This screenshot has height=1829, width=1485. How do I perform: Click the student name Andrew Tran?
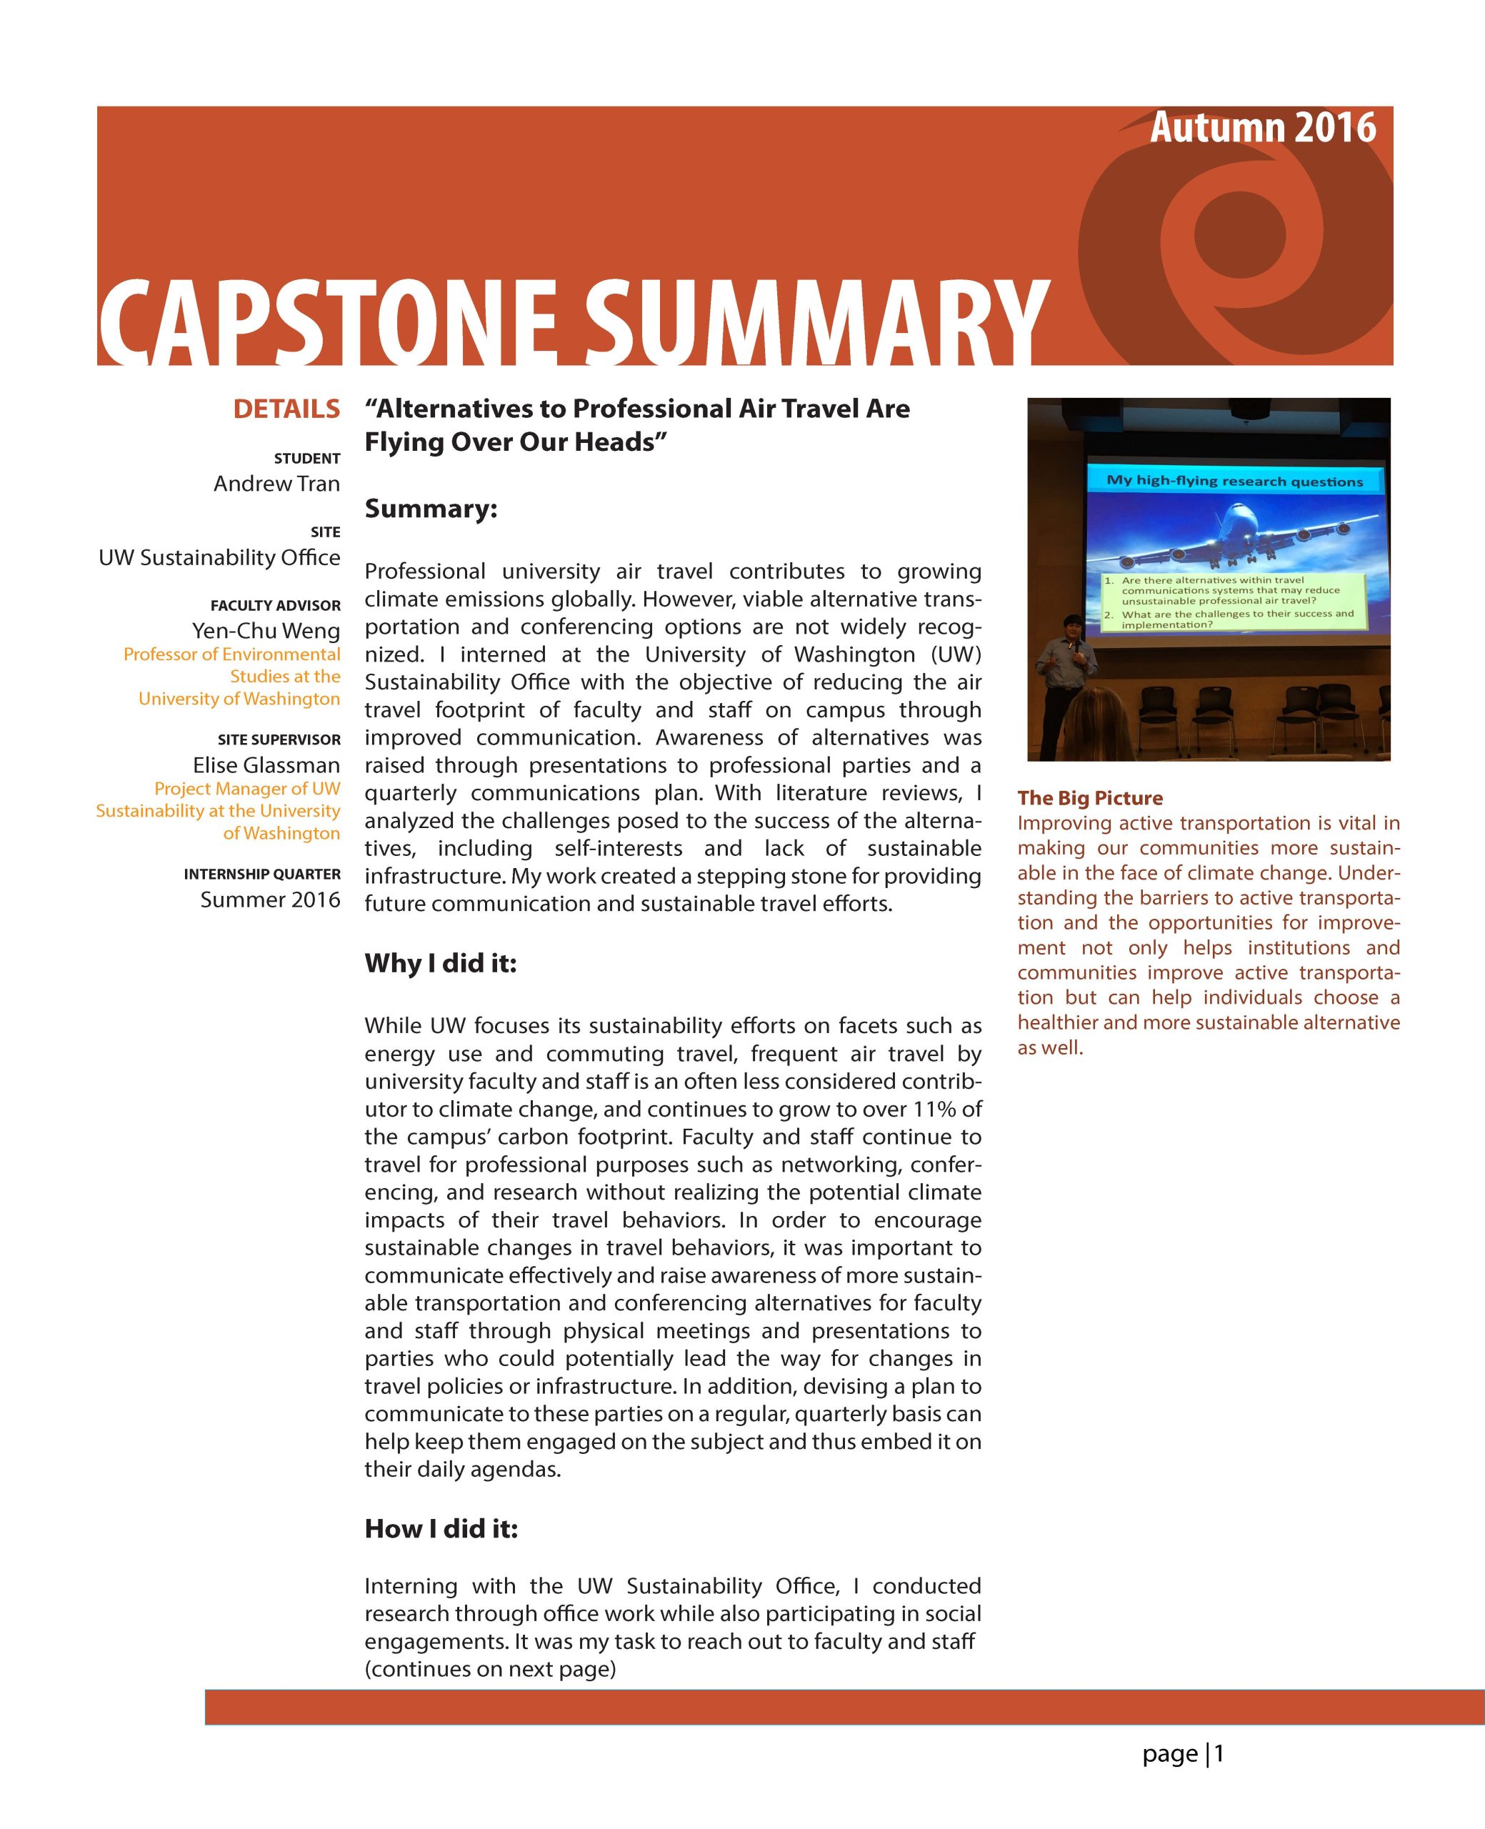(276, 484)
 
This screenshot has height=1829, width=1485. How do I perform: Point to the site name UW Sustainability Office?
(219, 558)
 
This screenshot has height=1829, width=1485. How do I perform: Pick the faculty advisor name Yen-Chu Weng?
(266, 632)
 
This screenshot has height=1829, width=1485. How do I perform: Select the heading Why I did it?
(441, 963)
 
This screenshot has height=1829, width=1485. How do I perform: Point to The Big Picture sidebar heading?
(1090, 798)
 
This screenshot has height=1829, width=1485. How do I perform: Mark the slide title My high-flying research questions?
(1234, 481)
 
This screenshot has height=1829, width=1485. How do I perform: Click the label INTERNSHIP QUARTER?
(261, 874)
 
